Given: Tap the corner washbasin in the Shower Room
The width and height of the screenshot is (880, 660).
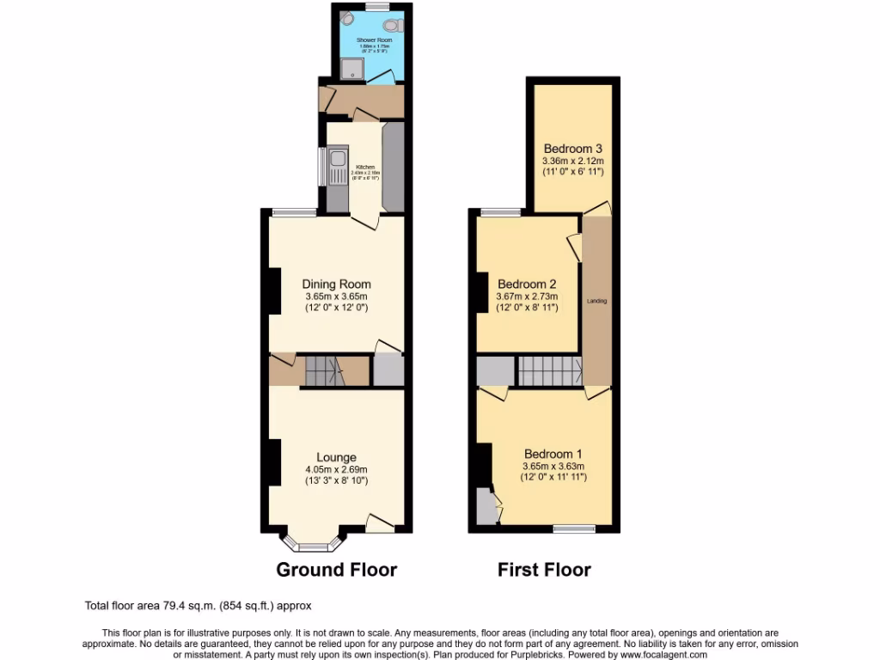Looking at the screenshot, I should (345, 19).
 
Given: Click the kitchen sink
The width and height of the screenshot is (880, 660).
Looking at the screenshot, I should (336, 163).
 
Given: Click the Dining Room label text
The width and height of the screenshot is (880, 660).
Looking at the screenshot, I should (336, 284).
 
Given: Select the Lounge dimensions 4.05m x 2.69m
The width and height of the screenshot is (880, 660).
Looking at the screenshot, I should (336, 469).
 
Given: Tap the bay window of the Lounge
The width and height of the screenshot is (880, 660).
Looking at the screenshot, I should (313, 544).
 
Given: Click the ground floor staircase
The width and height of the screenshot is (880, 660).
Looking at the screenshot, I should (326, 372).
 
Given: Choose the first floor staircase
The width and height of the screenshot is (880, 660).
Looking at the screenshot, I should (549, 371).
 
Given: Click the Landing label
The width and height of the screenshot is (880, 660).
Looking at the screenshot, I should (596, 302).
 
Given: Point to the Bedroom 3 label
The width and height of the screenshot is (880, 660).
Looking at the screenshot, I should (572, 148).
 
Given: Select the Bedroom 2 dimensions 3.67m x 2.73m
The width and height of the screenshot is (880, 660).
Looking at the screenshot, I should (528, 297).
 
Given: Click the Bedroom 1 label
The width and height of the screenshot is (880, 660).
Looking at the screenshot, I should (553, 454).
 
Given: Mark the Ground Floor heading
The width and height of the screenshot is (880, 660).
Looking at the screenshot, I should (336, 569).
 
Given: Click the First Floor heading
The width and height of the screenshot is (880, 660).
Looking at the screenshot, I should (544, 569).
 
